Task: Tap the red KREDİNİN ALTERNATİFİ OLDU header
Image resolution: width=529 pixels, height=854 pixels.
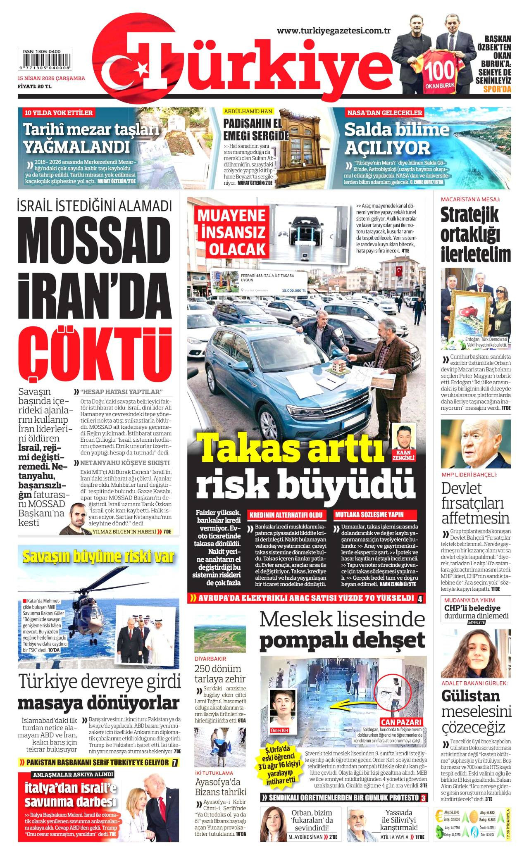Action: coord(286,515)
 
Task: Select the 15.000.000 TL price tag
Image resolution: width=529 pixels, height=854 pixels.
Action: coord(293,290)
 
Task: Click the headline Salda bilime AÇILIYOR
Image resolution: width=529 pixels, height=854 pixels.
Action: coord(396,139)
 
